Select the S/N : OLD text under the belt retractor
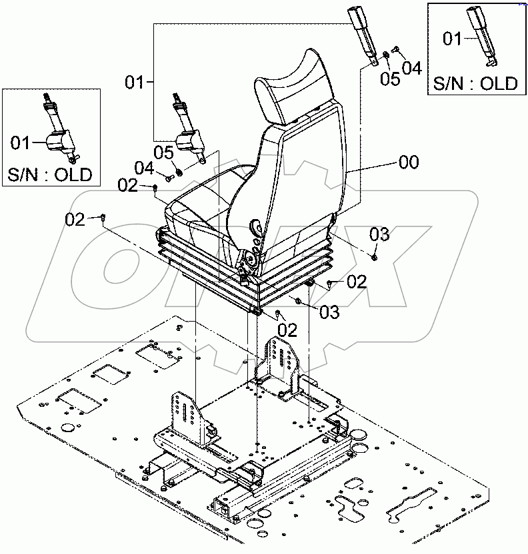(51, 176)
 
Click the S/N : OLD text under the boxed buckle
(476, 83)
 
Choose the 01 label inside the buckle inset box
(453, 39)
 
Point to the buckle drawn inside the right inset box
(483, 37)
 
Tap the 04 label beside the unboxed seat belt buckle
(411, 67)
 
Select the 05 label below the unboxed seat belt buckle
(390, 79)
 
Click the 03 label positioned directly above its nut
(379, 234)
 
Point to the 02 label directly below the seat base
(287, 330)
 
